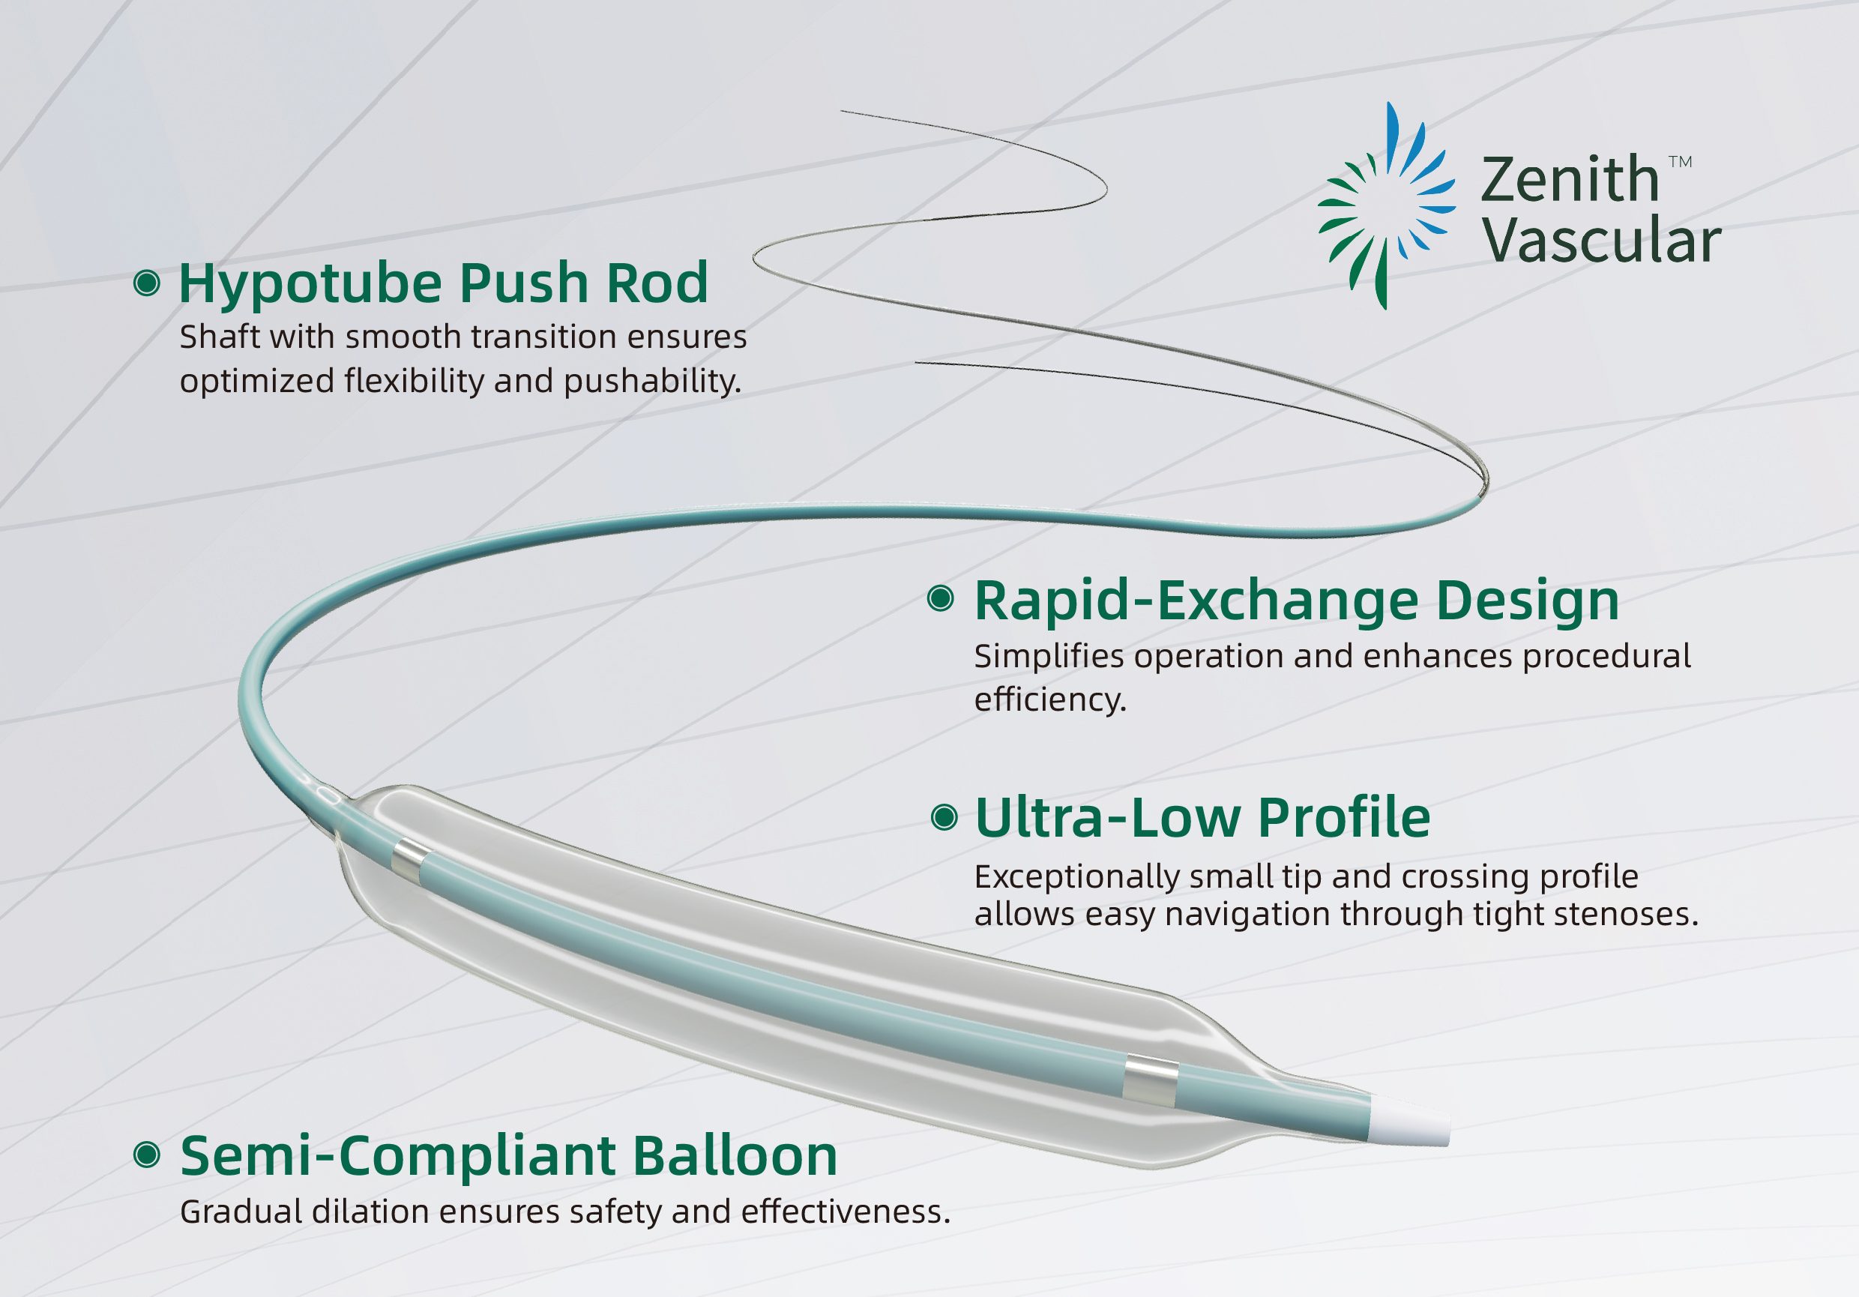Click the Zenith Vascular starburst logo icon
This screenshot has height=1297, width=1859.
pos(1385,206)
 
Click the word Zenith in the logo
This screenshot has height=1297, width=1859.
pos(1569,180)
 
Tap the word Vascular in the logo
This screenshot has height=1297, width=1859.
pos(1603,241)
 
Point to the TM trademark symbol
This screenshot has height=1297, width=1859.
pos(1681,162)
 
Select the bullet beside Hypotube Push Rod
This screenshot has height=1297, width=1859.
pos(147,283)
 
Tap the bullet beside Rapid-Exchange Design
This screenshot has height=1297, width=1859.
pos(940,598)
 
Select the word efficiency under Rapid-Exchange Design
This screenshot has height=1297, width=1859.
pos(1049,699)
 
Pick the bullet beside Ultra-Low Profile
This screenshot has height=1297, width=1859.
pos(944,818)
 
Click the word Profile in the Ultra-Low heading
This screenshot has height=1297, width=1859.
pos(1344,818)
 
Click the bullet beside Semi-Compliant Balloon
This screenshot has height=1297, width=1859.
pos(147,1155)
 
